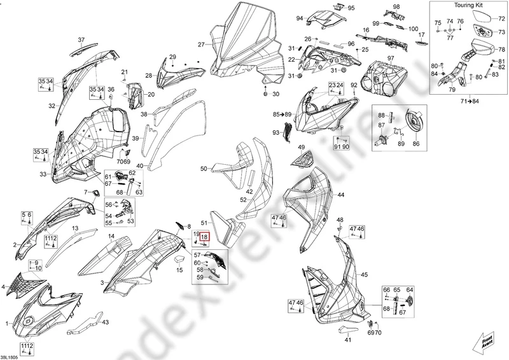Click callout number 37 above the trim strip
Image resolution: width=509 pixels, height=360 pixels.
pos(81,39)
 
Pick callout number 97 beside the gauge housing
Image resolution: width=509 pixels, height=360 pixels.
pos(390,59)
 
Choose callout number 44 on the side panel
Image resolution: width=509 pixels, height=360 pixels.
pos(340,195)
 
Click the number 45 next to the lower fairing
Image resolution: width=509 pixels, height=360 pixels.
pos(365,275)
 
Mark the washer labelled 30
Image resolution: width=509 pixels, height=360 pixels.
pos(267,94)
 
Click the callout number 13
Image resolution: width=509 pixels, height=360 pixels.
pos(75,228)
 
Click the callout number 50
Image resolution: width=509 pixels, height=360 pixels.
pos(204,169)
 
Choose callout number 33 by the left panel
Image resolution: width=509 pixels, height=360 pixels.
pos(43,174)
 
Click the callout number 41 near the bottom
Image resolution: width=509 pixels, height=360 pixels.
pos(347,340)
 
